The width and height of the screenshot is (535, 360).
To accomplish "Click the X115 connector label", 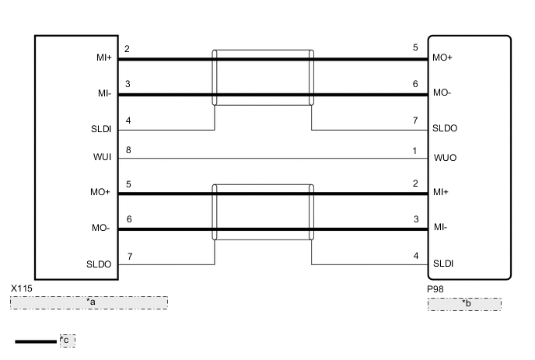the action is (x=22, y=288).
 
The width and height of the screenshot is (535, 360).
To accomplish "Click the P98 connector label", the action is (x=435, y=289).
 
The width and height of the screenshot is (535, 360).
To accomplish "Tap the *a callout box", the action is (x=89, y=302).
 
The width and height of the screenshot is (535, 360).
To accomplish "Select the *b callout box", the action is (x=465, y=304).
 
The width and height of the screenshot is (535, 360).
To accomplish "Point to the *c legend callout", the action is (x=68, y=341).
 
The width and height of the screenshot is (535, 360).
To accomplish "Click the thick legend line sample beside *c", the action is (x=36, y=341).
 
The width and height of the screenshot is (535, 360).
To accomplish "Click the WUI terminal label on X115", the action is (x=103, y=157).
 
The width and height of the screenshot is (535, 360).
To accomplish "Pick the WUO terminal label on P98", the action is (x=445, y=158).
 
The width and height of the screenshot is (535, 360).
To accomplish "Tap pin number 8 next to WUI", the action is (x=128, y=150).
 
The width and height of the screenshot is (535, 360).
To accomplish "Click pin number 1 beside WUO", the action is (x=414, y=151).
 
